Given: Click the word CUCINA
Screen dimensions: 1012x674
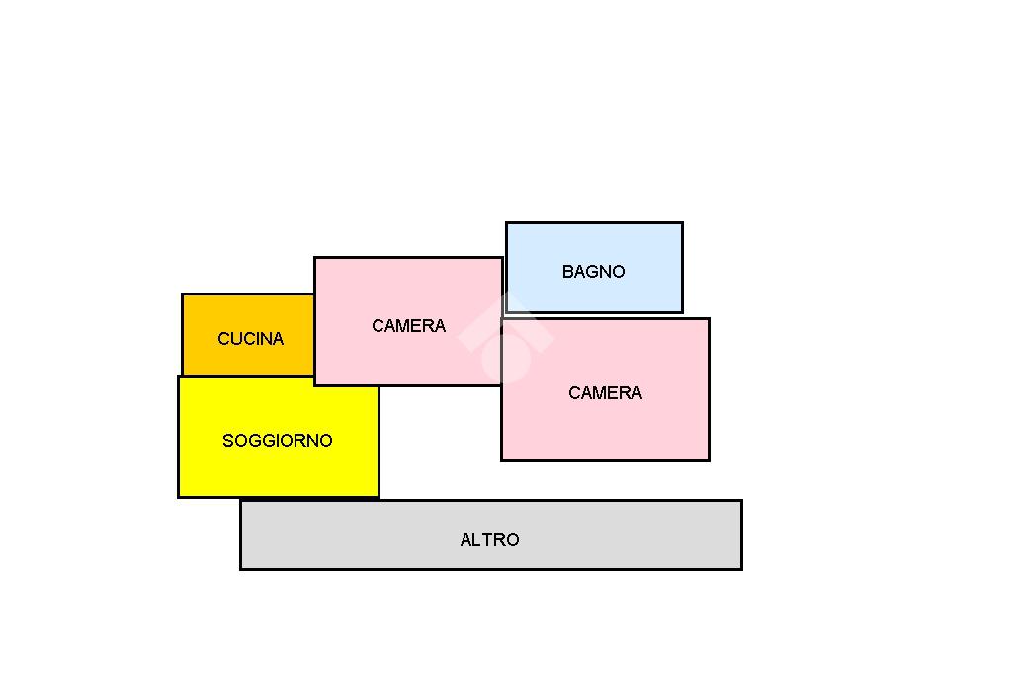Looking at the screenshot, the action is (250, 339).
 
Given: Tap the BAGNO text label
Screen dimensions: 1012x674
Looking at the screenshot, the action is (593, 272).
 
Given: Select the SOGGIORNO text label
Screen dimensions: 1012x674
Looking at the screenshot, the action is (278, 441).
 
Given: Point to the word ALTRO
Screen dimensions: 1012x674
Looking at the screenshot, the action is (489, 540).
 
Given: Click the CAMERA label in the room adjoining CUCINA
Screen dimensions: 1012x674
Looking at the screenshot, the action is (408, 326).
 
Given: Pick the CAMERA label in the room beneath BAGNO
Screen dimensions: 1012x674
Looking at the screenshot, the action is (606, 393).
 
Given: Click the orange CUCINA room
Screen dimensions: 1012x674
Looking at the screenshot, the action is (248, 334).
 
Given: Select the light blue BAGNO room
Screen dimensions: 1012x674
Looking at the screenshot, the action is (594, 268).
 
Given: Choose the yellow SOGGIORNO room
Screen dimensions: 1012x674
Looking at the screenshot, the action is (279, 437).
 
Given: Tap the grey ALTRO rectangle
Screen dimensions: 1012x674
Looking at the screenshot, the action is (491, 536).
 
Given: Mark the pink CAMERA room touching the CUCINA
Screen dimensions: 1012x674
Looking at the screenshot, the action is (408, 321).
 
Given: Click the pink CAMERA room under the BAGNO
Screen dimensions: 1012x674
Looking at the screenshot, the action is (606, 389).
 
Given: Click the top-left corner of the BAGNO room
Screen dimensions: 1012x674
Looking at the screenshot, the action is (506, 222).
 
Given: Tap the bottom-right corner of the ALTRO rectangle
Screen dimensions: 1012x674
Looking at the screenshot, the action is (742, 570).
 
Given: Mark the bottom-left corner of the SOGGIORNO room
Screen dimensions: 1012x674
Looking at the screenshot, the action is (179, 498).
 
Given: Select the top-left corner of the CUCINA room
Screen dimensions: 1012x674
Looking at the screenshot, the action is (183, 295).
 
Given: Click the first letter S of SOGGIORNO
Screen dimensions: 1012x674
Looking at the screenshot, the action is (228, 441).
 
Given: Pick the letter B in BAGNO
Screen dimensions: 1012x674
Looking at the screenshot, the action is (567, 272).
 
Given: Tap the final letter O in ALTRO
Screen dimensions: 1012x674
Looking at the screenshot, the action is (513, 540).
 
